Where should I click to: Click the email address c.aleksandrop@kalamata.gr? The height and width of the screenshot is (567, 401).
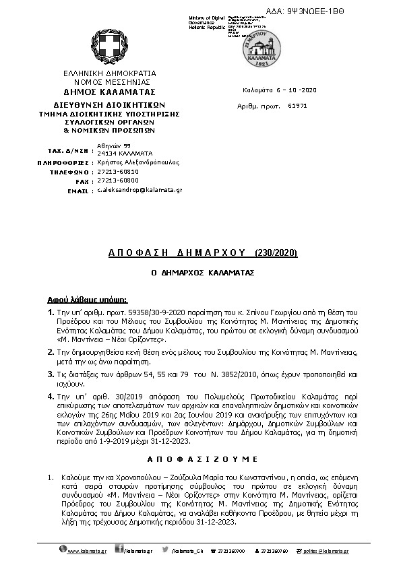tap(140, 191)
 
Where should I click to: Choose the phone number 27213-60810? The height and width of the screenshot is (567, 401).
tap(118, 172)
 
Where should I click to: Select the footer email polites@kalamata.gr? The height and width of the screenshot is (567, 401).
tap(326, 552)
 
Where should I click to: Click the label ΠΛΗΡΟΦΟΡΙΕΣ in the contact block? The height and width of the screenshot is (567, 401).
tap(69, 162)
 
